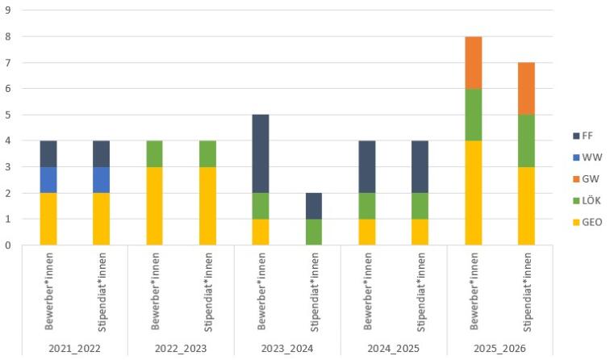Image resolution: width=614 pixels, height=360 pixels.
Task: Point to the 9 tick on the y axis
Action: tap(8, 11)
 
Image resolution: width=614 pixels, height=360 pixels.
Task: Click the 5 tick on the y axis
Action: tap(8, 115)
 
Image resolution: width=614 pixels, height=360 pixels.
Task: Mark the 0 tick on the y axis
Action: tap(8, 245)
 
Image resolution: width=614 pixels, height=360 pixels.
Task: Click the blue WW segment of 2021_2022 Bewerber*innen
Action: tap(48, 180)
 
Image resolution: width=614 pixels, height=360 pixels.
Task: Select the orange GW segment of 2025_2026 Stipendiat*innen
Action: tap(527, 88)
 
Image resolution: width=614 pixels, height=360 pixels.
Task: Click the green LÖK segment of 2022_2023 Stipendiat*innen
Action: tap(208, 153)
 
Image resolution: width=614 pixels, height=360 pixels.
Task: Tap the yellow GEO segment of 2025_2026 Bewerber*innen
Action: tap(474, 193)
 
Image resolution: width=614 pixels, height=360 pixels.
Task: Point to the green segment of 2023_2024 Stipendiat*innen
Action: tap(314, 232)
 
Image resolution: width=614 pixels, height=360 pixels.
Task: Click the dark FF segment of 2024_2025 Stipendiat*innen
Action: tap(420, 166)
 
